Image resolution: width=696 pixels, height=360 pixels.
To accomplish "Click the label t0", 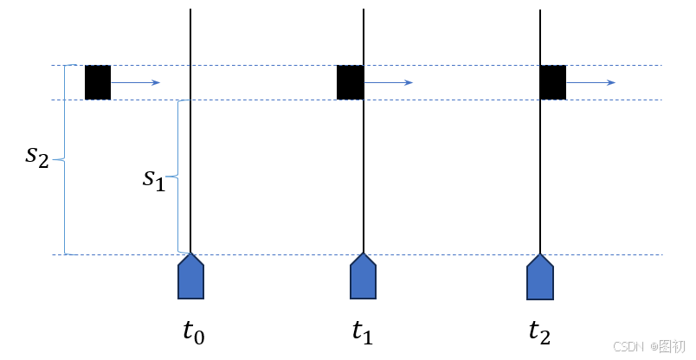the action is (192, 332).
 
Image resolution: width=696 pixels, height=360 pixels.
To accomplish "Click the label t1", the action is (364, 332).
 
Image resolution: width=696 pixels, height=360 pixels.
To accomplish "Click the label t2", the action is (539, 332).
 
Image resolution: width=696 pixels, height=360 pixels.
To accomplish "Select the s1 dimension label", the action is (153, 179).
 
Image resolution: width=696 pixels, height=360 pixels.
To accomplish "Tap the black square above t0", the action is (98, 82).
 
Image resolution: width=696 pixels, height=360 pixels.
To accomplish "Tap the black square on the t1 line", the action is (350, 82).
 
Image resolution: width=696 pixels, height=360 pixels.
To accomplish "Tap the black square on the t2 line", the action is (553, 82).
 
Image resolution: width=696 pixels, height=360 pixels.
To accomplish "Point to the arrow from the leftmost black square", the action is (136, 82).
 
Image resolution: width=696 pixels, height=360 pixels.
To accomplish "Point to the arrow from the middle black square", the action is (389, 82).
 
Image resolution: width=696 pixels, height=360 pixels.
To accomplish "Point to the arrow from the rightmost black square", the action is (591, 82).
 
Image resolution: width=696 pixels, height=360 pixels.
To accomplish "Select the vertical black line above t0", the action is (190, 173).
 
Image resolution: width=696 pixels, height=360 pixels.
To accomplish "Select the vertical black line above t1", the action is (364, 173).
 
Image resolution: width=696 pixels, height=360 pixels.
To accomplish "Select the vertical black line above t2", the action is (541, 173).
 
